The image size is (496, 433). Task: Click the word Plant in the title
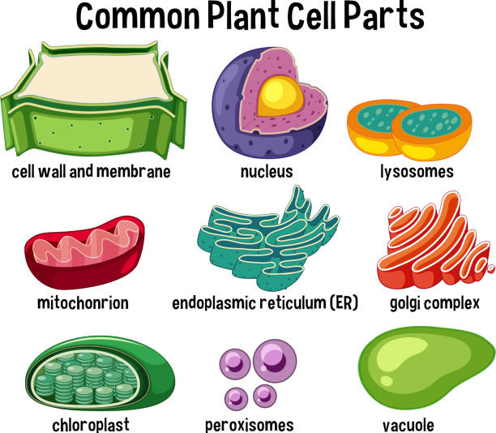tap(244, 16)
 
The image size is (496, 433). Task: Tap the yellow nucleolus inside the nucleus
tap(280, 96)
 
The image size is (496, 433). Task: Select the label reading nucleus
tap(267, 172)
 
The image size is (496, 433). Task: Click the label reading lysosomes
tap(417, 172)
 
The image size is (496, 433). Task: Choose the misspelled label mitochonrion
tap(83, 303)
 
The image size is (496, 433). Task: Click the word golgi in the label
tap(406, 303)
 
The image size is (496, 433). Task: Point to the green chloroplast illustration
tap(100, 374)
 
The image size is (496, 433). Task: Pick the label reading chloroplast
tap(91, 425)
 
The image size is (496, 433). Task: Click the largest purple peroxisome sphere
tap(275, 361)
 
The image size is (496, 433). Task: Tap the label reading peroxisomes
tap(250, 426)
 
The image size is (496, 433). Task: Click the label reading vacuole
tap(408, 426)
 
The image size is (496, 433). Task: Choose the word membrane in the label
tap(133, 172)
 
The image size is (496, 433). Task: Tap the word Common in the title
tap(138, 16)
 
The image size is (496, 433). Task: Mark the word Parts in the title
tap(383, 16)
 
